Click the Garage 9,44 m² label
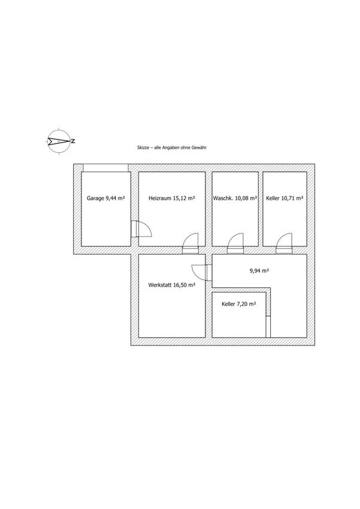click(x=106, y=198)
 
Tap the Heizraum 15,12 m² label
click(x=172, y=198)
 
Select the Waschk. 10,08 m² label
click(x=235, y=198)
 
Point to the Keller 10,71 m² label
click(x=285, y=198)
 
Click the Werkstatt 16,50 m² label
click(x=171, y=285)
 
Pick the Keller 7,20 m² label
click(x=239, y=304)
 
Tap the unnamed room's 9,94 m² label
click(x=259, y=271)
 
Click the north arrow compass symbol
click(x=59, y=141)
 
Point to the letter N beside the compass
click(x=73, y=141)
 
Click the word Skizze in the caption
click(x=143, y=147)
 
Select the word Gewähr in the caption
click(x=200, y=147)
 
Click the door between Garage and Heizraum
click(x=141, y=229)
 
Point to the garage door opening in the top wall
click(x=105, y=168)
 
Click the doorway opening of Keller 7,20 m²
click(x=268, y=326)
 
